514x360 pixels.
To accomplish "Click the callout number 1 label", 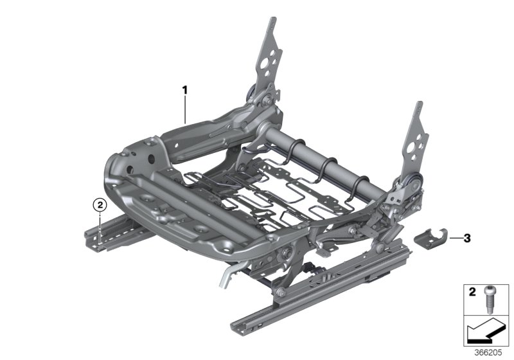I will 184,91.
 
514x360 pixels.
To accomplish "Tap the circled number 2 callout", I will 99,205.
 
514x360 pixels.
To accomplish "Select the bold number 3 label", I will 466,239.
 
